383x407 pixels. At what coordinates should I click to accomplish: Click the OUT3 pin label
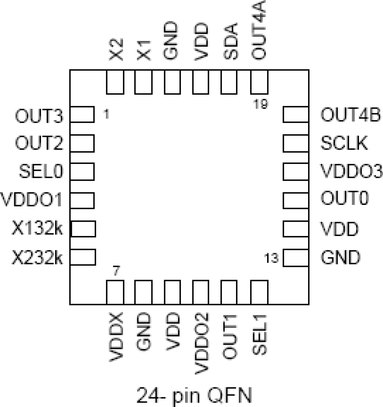click(x=39, y=116)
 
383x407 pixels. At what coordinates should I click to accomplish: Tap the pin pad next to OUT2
click(x=82, y=143)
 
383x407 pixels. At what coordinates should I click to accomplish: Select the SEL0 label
click(x=41, y=171)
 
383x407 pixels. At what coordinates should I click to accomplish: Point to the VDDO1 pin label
click(x=32, y=200)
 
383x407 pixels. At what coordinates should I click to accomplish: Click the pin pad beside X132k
click(x=83, y=229)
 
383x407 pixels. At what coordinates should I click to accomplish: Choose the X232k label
click(x=37, y=258)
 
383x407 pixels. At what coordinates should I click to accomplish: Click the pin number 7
click(x=116, y=270)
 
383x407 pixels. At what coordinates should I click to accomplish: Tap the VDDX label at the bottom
click(x=116, y=337)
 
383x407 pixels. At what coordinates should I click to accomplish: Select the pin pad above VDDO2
click(x=201, y=292)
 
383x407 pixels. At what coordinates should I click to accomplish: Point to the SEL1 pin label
click(x=259, y=334)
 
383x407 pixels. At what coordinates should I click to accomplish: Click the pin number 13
click(x=271, y=258)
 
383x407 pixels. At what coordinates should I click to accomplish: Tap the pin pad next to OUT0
click(x=295, y=200)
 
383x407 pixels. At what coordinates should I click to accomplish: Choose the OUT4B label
click(x=350, y=115)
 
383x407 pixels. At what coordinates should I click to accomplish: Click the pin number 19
click(x=260, y=104)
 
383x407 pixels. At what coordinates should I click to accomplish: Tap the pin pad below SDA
click(x=229, y=82)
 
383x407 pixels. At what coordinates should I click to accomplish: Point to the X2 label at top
click(x=116, y=49)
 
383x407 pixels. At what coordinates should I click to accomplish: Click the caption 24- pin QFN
click(x=194, y=395)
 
